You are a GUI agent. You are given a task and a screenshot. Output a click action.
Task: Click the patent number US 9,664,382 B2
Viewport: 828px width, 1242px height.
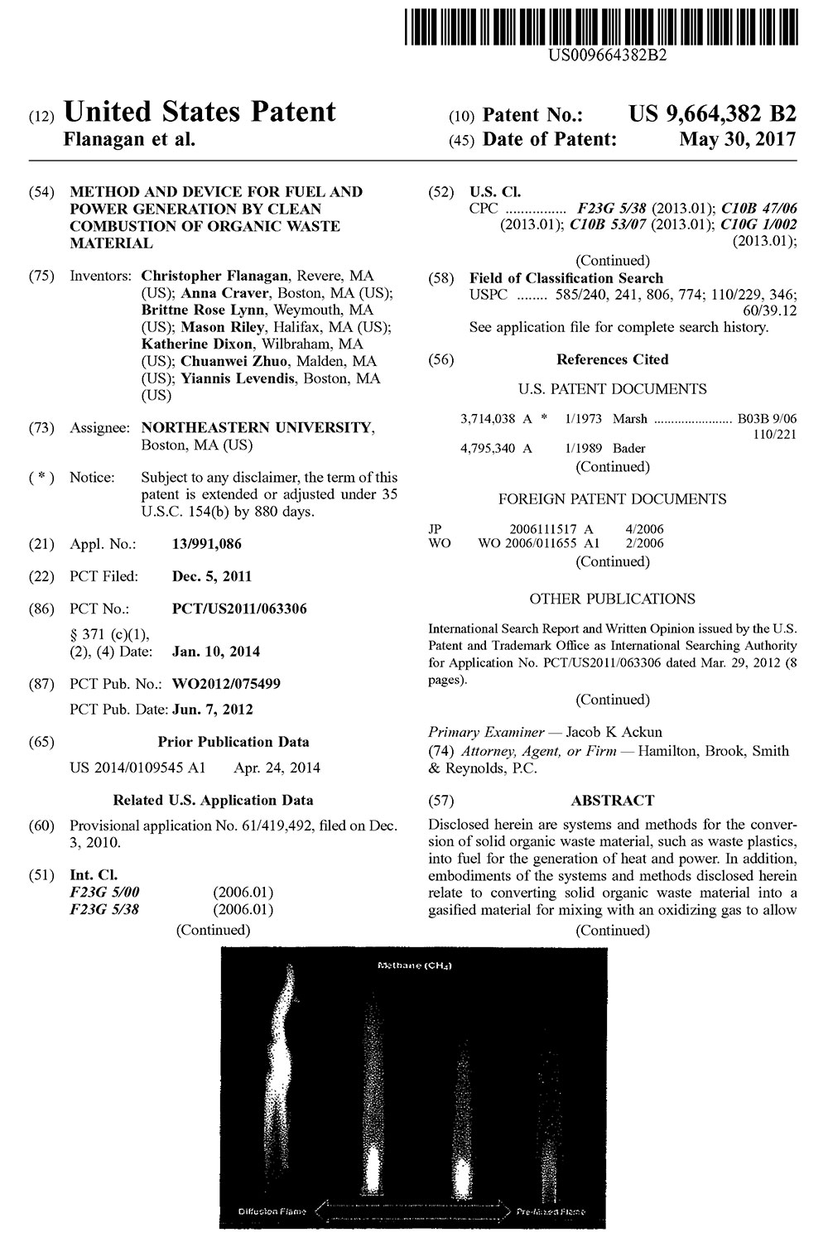pyautogui.click(x=712, y=113)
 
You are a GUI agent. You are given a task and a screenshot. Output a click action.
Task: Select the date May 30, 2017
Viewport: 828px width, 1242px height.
pyautogui.click(x=738, y=139)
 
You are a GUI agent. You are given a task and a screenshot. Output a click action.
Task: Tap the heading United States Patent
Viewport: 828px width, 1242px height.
pyautogui.click(x=200, y=112)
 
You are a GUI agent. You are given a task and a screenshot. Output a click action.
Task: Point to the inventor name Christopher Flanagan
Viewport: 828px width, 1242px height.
pyautogui.click(x=216, y=276)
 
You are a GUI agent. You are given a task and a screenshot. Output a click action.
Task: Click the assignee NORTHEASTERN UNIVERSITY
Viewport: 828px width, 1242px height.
pyautogui.click(x=256, y=427)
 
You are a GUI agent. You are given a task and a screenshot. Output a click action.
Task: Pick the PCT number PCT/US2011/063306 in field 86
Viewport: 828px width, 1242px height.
pyautogui.click(x=239, y=609)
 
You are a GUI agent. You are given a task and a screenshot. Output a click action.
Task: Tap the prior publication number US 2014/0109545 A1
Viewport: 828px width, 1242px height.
pyautogui.click(x=137, y=768)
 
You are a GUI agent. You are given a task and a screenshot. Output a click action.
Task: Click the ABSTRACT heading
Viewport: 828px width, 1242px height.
pyautogui.click(x=612, y=801)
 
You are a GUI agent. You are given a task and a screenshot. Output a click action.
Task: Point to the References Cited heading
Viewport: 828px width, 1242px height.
pyautogui.click(x=612, y=359)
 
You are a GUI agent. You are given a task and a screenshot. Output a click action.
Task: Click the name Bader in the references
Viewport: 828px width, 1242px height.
pyautogui.click(x=628, y=449)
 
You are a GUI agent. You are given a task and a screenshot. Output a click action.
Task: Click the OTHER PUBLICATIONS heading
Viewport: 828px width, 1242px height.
pyautogui.click(x=612, y=599)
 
